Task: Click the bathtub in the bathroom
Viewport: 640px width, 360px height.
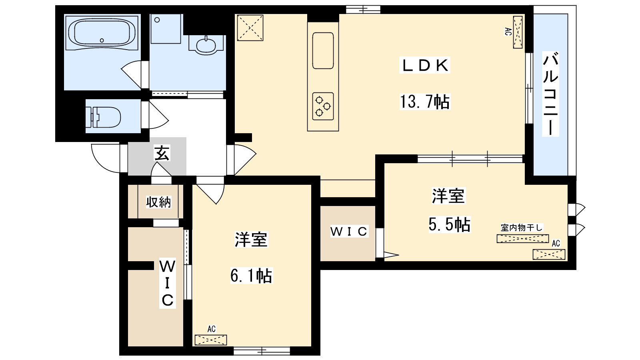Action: click(x=102, y=32)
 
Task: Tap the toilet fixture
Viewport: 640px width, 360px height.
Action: click(x=103, y=117)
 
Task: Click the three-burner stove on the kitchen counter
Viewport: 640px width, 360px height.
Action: click(x=323, y=106)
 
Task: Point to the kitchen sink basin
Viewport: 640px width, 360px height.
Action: click(x=323, y=51)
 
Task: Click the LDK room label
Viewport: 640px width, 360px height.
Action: click(x=424, y=66)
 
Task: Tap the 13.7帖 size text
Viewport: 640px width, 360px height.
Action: click(x=425, y=102)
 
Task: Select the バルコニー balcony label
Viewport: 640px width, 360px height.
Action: click(x=550, y=94)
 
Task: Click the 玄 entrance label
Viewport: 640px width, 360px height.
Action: click(x=162, y=153)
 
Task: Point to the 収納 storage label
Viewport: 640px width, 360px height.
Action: click(x=158, y=202)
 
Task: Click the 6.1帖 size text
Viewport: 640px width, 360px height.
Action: click(x=251, y=276)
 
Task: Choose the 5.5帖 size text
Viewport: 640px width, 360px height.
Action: click(x=450, y=224)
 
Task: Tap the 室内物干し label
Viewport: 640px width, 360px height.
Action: click(x=522, y=228)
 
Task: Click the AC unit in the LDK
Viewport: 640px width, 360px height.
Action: click(x=518, y=32)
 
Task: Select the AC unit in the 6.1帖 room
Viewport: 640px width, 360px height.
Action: click(x=210, y=340)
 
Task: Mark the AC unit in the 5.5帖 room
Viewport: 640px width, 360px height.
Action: click(x=549, y=254)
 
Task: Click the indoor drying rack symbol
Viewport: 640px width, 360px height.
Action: click(x=522, y=238)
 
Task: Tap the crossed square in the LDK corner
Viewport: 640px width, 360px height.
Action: click(x=250, y=28)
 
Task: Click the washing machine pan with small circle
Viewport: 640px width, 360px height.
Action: click(x=166, y=29)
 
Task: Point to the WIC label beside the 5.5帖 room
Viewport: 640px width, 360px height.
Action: click(x=349, y=232)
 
